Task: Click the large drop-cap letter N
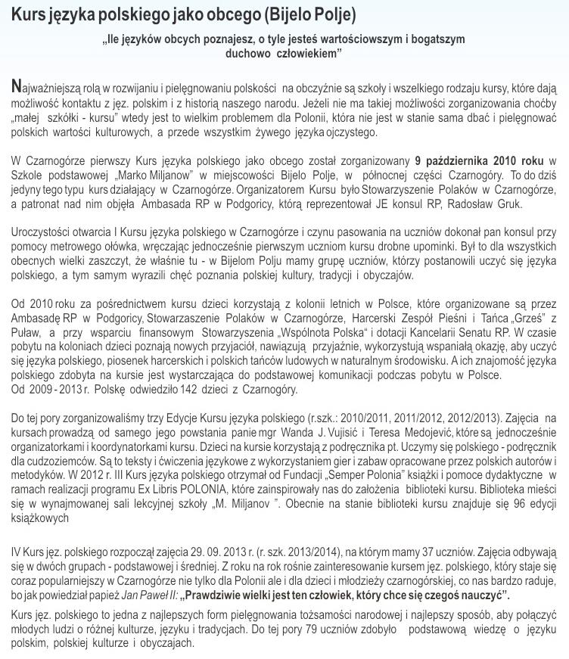point(19,88)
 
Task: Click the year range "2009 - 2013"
point(55,390)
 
